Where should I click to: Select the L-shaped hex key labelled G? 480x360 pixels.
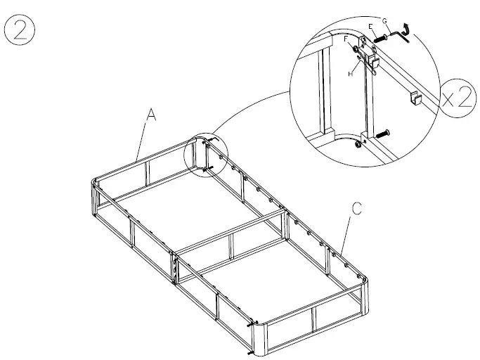400,35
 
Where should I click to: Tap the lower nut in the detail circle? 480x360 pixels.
358,144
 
